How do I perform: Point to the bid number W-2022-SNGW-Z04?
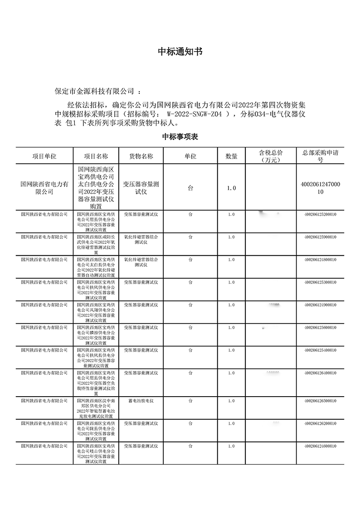195,113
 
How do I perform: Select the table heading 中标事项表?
180,137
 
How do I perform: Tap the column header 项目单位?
44,156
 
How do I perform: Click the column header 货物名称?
141,156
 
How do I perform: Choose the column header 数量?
231,156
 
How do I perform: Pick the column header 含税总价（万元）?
271,156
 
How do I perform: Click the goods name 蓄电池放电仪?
141,401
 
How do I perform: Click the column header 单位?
190,156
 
